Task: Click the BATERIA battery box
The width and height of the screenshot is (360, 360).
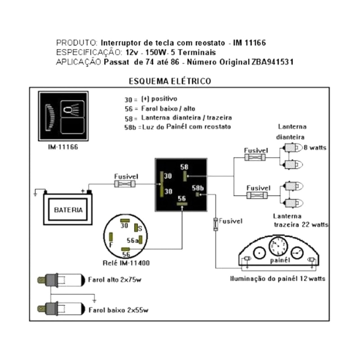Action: click(x=68, y=209)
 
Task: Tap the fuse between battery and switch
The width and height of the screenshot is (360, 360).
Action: click(x=123, y=184)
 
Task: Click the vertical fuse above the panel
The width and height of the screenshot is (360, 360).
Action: click(x=216, y=224)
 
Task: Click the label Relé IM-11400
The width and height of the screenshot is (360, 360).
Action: click(x=126, y=263)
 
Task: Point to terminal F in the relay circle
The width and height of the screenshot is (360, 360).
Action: click(x=111, y=244)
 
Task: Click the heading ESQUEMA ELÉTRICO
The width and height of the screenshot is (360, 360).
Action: click(x=170, y=81)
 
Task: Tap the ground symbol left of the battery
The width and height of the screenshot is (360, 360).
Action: click(x=36, y=194)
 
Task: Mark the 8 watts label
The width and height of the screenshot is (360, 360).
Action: click(x=315, y=148)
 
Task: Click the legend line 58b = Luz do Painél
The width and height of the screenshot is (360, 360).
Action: click(x=177, y=127)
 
